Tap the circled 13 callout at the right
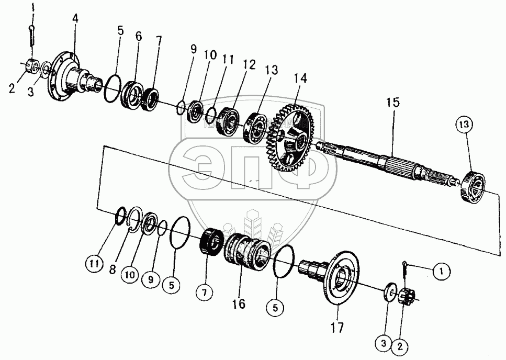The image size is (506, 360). point(466,125)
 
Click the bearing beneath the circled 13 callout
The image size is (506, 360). point(472,185)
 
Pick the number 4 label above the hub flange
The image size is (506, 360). point(75,18)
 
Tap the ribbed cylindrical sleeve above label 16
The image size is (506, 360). point(246,251)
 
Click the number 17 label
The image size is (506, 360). point(337,329)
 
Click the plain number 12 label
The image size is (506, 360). point(249,65)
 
